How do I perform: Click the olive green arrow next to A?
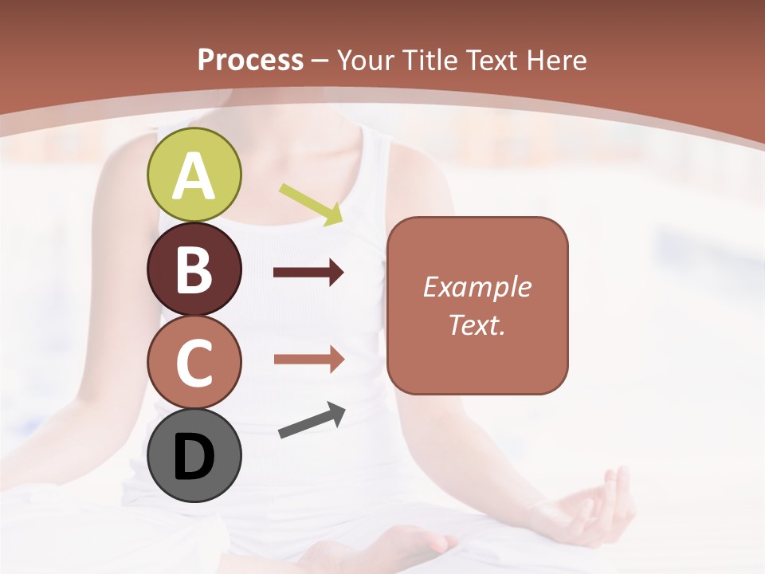tap(312, 203)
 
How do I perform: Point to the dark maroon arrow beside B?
tap(308, 273)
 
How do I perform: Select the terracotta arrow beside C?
tap(308, 360)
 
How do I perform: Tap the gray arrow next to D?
tap(312, 420)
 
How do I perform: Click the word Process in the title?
tap(250, 61)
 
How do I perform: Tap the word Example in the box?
tap(477, 287)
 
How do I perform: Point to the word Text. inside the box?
tap(477, 325)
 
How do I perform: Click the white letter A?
tap(194, 177)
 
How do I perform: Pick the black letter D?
tap(194, 458)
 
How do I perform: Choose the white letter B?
tap(194, 270)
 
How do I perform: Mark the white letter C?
tap(194, 364)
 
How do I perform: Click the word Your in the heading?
tap(365, 61)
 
